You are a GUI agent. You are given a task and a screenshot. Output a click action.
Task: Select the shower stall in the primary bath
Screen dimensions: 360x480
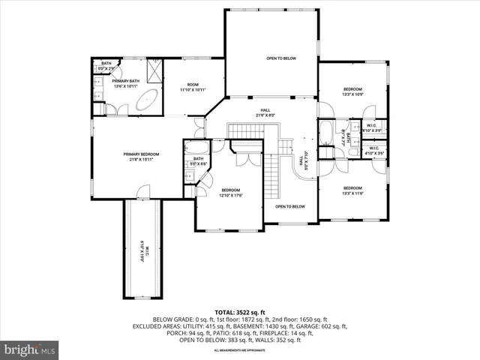154,71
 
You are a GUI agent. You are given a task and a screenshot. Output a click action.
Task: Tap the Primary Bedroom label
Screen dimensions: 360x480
142,156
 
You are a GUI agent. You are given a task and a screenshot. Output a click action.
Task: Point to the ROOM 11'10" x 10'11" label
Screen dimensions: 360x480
193,87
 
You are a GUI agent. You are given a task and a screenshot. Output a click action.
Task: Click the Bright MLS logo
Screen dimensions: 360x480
30,349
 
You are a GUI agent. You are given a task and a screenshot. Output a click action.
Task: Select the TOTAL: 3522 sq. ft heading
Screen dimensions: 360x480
240,311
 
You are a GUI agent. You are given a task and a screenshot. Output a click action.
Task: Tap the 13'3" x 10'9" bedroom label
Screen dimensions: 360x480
352,91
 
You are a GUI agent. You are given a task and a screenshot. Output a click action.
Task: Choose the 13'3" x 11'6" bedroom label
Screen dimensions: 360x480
352,190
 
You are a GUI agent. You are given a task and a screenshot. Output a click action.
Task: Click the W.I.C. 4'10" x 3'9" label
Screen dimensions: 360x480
372,127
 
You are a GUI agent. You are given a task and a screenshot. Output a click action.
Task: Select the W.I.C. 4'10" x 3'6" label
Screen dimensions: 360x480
374,151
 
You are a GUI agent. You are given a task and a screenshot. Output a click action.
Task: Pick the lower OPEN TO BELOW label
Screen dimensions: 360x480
289,206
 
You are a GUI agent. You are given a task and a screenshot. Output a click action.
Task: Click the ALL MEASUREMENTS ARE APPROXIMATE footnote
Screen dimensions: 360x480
240,350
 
